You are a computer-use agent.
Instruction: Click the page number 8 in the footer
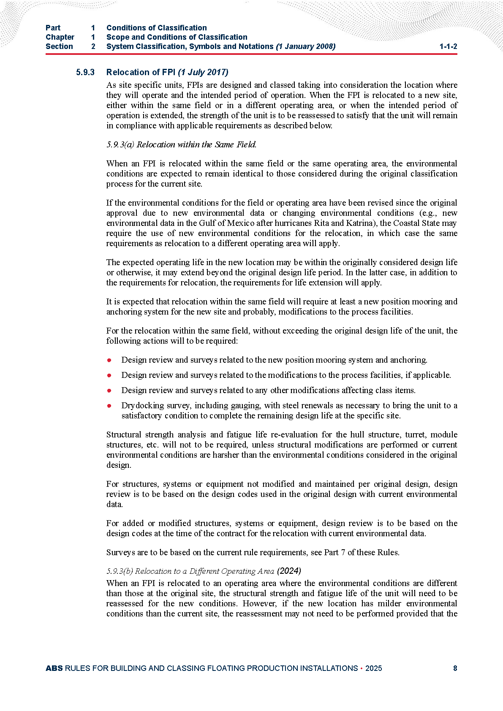pos(455,668)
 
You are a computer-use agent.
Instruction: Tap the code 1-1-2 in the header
pos(448,46)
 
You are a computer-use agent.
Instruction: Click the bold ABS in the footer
pos(54,668)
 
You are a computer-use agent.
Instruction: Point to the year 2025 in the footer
pos(373,668)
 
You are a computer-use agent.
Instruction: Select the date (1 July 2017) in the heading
pos(203,72)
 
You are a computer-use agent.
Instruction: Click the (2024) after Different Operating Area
pos(289,571)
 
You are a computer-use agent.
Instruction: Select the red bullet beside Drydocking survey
pos(109,405)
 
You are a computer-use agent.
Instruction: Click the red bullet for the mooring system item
pos(109,360)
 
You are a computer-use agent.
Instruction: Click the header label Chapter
pos(60,37)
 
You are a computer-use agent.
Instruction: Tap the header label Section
pos(59,46)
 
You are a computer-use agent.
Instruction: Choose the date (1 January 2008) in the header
pos(305,46)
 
